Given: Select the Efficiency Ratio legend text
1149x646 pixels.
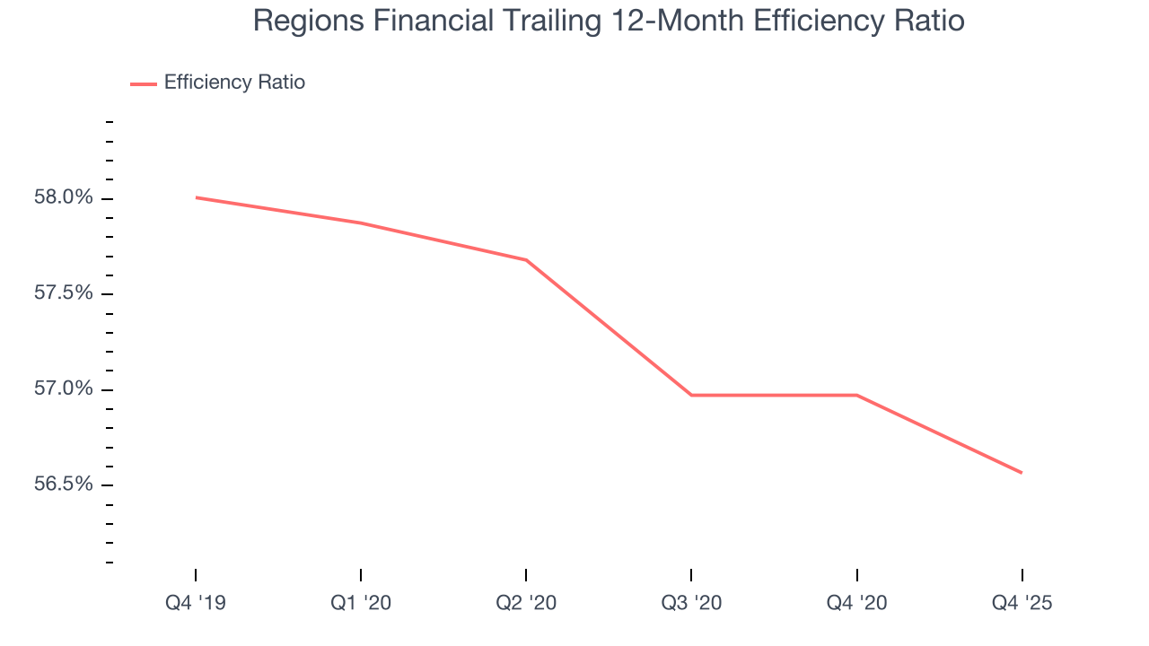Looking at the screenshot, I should tap(234, 83).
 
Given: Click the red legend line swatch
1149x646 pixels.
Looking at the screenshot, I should tap(144, 83).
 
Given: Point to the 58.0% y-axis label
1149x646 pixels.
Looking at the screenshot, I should tap(64, 197).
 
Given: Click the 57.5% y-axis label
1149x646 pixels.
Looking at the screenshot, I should tap(64, 293).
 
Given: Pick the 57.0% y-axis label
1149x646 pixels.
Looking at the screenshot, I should tap(64, 388).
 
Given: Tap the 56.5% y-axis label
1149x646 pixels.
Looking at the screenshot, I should tap(64, 484).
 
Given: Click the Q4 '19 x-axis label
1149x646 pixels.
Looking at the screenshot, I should tap(196, 603).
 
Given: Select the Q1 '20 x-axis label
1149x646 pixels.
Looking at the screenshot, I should tap(361, 603).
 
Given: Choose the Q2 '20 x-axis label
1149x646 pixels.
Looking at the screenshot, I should tap(526, 603).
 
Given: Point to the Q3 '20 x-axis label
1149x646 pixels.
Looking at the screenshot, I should tap(691, 603).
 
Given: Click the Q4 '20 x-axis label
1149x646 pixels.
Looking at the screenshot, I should tap(857, 603).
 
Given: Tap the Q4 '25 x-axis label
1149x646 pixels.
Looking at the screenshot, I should tap(1022, 603).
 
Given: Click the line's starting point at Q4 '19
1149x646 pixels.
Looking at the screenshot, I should tap(196, 197).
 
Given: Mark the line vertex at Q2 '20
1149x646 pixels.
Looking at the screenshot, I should tap(526, 260).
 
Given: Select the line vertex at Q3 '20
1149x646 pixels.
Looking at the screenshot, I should tap(691, 395).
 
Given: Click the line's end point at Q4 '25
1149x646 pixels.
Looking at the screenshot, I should tap(1022, 473).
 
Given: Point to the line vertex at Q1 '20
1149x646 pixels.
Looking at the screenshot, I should tap(361, 223).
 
